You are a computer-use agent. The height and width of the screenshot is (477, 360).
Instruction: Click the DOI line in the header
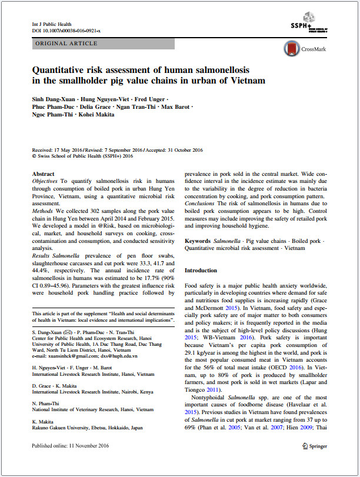(x=65, y=30)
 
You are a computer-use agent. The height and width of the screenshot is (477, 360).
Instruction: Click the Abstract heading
(x=43, y=175)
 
